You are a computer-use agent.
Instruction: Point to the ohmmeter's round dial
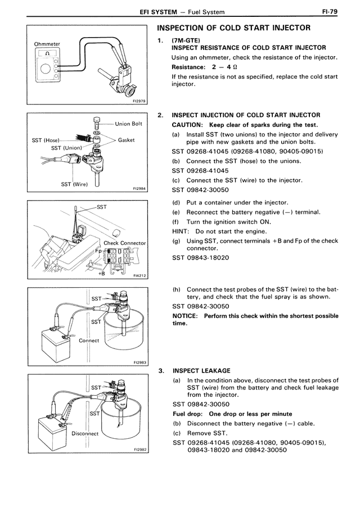(44, 70)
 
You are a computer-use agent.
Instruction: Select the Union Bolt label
(129, 124)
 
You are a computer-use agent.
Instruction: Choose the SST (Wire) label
(73, 184)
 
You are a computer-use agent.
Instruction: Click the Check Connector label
(125, 243)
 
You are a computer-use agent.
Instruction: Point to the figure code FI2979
(139, 101)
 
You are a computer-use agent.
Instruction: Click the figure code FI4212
(139, 276)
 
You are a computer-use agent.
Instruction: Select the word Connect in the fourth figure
(89, 341)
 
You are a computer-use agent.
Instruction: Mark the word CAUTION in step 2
(188, 125)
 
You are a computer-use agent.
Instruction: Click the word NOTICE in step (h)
(185, 316)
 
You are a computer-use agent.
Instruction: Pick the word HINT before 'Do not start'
(179, 231)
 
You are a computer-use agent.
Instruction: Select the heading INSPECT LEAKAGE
(201, 371)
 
